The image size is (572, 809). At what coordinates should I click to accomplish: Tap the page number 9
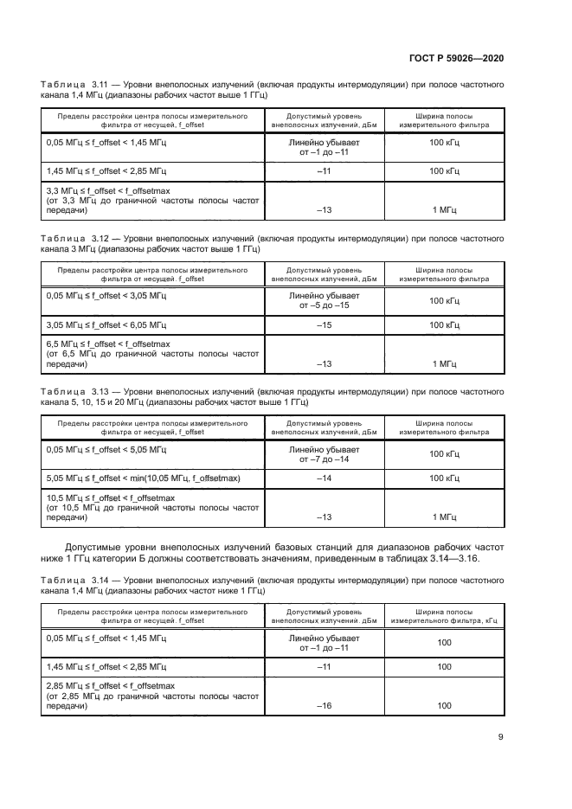tap(501, 737)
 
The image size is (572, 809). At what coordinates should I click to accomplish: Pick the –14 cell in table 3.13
tap(324, 478)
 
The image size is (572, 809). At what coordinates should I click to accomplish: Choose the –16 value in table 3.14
tap(324, 706)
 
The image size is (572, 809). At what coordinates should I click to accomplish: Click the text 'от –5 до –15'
tap(324, 305)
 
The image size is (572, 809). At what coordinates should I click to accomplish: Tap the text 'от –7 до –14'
tap(324, 459)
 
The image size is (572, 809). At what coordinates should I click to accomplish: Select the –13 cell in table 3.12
tap(324, 363)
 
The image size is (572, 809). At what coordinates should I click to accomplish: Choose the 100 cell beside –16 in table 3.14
tap(445, 706)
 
